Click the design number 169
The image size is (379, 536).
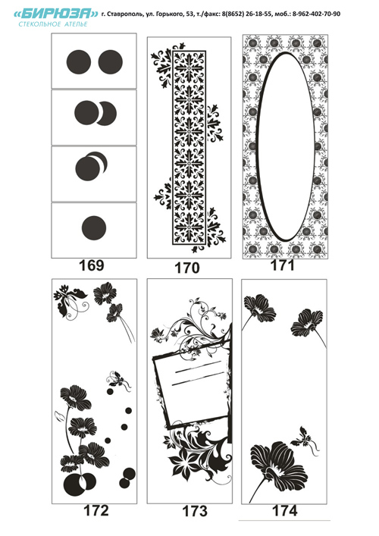click(91, 265)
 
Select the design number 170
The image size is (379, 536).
click(187, 268)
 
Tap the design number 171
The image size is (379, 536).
click(282, 265)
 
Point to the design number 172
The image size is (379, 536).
click(96, 510)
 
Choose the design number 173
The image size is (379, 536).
click(195, 512)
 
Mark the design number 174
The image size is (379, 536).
click(285, 511)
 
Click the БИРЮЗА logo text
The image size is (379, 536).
click(56, 14)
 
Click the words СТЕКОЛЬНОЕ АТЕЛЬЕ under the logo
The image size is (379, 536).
click(53, 24)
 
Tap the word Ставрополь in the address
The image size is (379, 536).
click(122, 14)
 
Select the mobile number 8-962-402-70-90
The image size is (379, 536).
click(316, 14)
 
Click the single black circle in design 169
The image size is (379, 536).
click(94, 228)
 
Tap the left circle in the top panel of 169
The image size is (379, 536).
click(79, 62)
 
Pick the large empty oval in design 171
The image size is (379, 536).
click(285, 146)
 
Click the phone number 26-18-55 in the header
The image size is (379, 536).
click(258, 14)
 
